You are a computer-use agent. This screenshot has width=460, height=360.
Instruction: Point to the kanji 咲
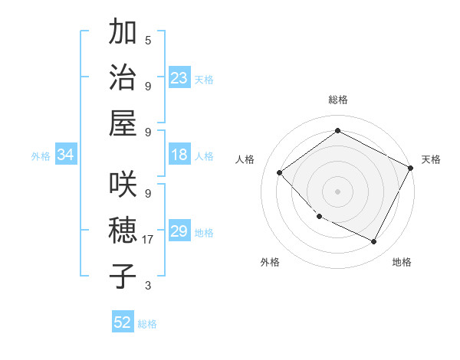(x=123, y=187)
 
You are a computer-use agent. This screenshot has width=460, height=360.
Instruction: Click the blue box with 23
(x=179, y=77)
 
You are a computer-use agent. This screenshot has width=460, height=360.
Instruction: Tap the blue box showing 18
(x=179, y=155)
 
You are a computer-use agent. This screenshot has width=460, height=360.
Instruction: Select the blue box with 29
(x=179, y=231)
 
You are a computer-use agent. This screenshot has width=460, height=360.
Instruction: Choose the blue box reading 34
(x=65, y=155)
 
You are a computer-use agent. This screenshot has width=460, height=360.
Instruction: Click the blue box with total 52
(x=123, y=322)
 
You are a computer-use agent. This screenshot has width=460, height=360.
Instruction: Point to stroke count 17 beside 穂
(x=148, y=240)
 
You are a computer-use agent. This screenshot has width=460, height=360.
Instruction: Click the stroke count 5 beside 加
(x=148, y=40)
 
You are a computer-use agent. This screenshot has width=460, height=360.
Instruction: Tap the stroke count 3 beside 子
(x=148, y=286)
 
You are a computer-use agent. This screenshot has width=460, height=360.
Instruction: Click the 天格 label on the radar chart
(x=431, y=159)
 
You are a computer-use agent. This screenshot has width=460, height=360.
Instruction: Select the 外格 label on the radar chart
(x=270, y=262)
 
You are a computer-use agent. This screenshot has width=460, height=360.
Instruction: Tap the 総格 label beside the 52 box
(x=147, y=323)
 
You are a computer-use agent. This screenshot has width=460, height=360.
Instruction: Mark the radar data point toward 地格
(x=373, y=242)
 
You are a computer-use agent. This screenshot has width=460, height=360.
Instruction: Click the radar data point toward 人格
(x=280, y=172)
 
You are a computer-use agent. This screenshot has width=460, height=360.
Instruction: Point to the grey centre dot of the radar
(x=337, y=191)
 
